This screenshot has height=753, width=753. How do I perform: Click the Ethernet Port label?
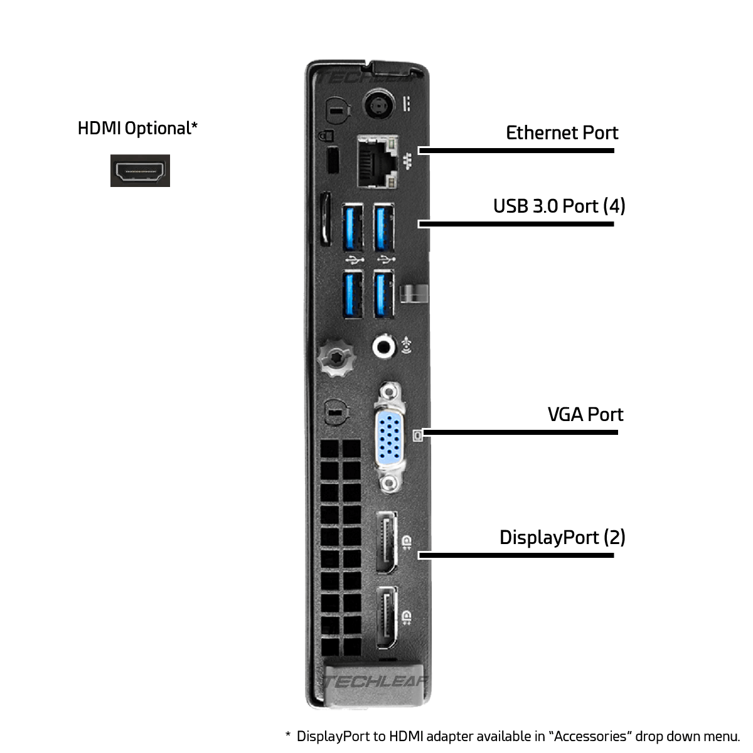[x=562, y=133]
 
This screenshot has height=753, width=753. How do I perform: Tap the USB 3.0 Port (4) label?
[x=559, y=206]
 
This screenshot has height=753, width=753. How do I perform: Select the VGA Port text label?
[x=585, y=415]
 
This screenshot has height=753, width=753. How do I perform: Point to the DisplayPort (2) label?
[x=562, y=538]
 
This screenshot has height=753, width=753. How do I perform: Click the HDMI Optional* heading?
[x=137, y=128]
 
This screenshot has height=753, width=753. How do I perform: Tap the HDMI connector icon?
[x=140, y=171]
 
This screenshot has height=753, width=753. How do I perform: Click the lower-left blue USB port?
[x=353, y=293]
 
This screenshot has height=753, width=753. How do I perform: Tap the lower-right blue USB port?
[x=384, y=293]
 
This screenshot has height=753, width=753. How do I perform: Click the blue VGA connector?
[x=390, y=437]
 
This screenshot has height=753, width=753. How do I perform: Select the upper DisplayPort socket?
[x=387, y=542]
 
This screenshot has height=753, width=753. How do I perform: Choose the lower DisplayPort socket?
[x=387, y=618]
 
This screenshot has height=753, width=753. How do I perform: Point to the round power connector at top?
[x=380, y=105]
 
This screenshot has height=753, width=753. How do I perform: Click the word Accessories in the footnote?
[x=589, y=736]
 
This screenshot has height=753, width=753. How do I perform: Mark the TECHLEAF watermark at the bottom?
[x=375, y=682]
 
